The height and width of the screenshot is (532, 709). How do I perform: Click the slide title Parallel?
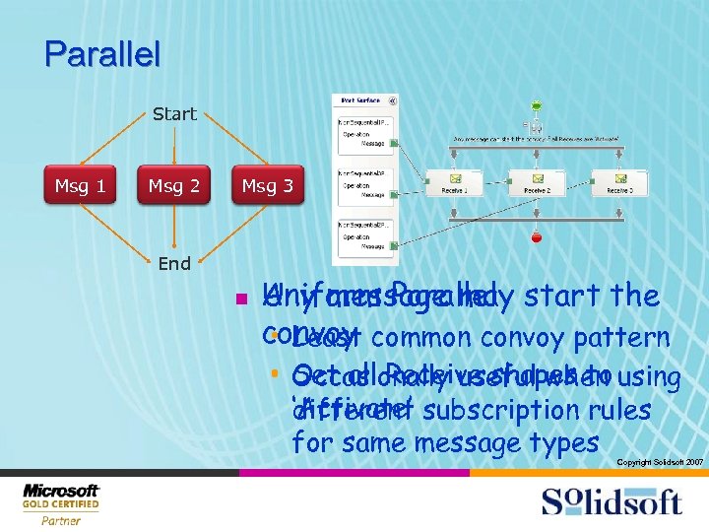[x=102, y=53]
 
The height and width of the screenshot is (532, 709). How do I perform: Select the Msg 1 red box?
[x=81, y=186]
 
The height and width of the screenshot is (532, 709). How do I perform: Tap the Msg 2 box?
[x=174, y=186]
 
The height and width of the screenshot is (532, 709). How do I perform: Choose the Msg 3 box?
[x=268, y=186]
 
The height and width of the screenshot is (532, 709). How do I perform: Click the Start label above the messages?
[x=174, y=114]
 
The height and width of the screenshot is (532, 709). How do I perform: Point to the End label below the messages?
[x=174, y=263]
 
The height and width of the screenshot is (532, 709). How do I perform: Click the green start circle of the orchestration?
[x=536, y=105]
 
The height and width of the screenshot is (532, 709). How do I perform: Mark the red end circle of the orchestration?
[x=536, y=237]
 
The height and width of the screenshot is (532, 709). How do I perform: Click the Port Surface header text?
[x=360, y=100]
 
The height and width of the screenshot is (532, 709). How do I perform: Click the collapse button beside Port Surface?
[x=393, y=100]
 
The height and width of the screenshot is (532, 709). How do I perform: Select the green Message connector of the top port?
[x=393, y=143]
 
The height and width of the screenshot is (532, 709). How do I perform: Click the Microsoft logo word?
[x=61, y=491]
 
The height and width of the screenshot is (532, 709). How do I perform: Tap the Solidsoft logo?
[x=611, y=501]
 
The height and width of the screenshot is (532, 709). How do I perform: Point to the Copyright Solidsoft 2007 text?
[x=660, y=461]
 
